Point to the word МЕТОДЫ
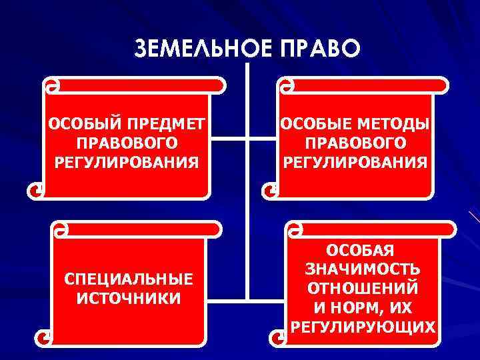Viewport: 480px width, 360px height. tap(395, 125)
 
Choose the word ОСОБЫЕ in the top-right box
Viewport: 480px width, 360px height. tap(317, 125)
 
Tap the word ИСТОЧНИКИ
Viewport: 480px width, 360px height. tap(128, 297)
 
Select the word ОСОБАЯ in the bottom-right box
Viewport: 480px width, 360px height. tap(362, 251)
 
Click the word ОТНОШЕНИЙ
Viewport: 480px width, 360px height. tap(362, 289)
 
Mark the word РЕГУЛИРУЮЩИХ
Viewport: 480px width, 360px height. tap(362, 327)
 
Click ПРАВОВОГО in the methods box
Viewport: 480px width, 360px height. tap(355, 143)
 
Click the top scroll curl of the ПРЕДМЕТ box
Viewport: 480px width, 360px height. tap(51, 86)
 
